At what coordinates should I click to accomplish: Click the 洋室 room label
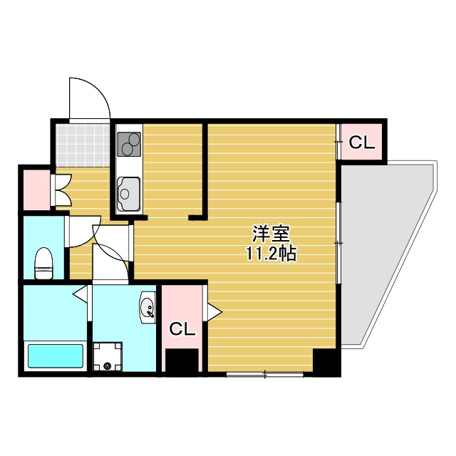pyautogui.click(x=271, y=234)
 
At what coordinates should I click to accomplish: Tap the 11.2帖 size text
pyautogui.click(x=271, y=254)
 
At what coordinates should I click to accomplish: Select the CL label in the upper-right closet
pyautogui.click(x=361, y=143)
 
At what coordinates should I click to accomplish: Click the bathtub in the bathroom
pyautogui.click(x=56, y=355)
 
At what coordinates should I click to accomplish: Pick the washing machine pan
pyautogui.click(x=107, y=356)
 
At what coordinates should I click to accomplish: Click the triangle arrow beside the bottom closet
pyautogui.click(x=213, y=310)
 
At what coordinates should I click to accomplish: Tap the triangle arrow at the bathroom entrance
pyautogui.click(x=80, y=292)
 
